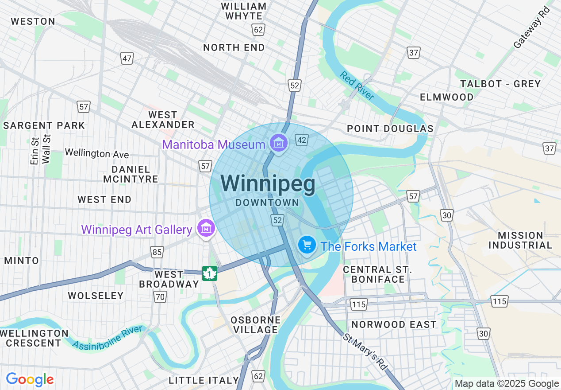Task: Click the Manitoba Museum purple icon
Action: pos(279,143)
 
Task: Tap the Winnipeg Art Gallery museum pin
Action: pos(206,229)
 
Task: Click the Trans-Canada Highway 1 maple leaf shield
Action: pos(210,273)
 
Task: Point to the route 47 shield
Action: pos(127,58)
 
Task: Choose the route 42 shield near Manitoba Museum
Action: pos(302,140)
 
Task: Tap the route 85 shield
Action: pos(157,252)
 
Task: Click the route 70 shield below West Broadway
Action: pos(160,297)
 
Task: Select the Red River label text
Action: pos(357,86)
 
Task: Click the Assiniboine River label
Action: pos(108,337)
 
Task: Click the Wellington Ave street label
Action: pos(97,153)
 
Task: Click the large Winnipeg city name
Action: pos(268,184)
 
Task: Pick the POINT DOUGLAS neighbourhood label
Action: pos(390,129)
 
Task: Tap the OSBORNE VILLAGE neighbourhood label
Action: pos(256,325)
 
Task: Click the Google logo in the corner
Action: pos(30,379)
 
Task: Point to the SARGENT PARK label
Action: pos(44,125)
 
